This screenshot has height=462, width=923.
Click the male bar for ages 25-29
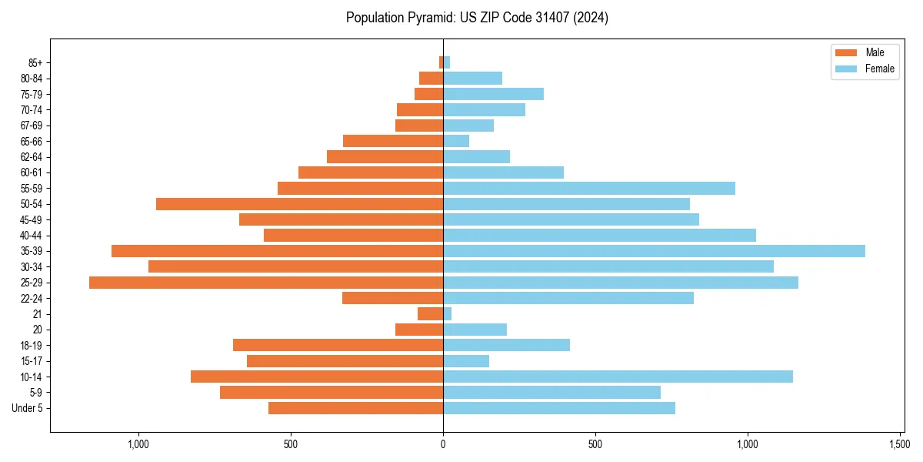click(266, 283)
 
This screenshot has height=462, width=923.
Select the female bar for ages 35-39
click(654, 251)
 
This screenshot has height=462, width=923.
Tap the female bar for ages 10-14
click(618, 377)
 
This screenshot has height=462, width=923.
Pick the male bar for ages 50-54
click(299, 204)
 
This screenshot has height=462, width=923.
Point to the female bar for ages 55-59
click(589, 189)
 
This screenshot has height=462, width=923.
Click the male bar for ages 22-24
click(392, 298)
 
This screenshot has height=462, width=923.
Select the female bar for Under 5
click(559, 408)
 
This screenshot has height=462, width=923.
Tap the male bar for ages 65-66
click(393, 141)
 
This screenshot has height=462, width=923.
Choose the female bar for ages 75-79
click(493, 94)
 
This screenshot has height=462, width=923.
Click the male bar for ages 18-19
click(338, 345)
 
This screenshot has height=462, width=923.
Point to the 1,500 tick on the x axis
click(901, 444)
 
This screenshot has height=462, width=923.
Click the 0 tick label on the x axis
click(443, 444)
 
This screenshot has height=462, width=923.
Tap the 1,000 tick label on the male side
click(138, 444)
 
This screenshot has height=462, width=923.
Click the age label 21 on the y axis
click(38, 314)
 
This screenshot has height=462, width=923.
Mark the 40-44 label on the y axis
click(32, 236)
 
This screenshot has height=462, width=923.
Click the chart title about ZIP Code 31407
click(477, 18)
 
